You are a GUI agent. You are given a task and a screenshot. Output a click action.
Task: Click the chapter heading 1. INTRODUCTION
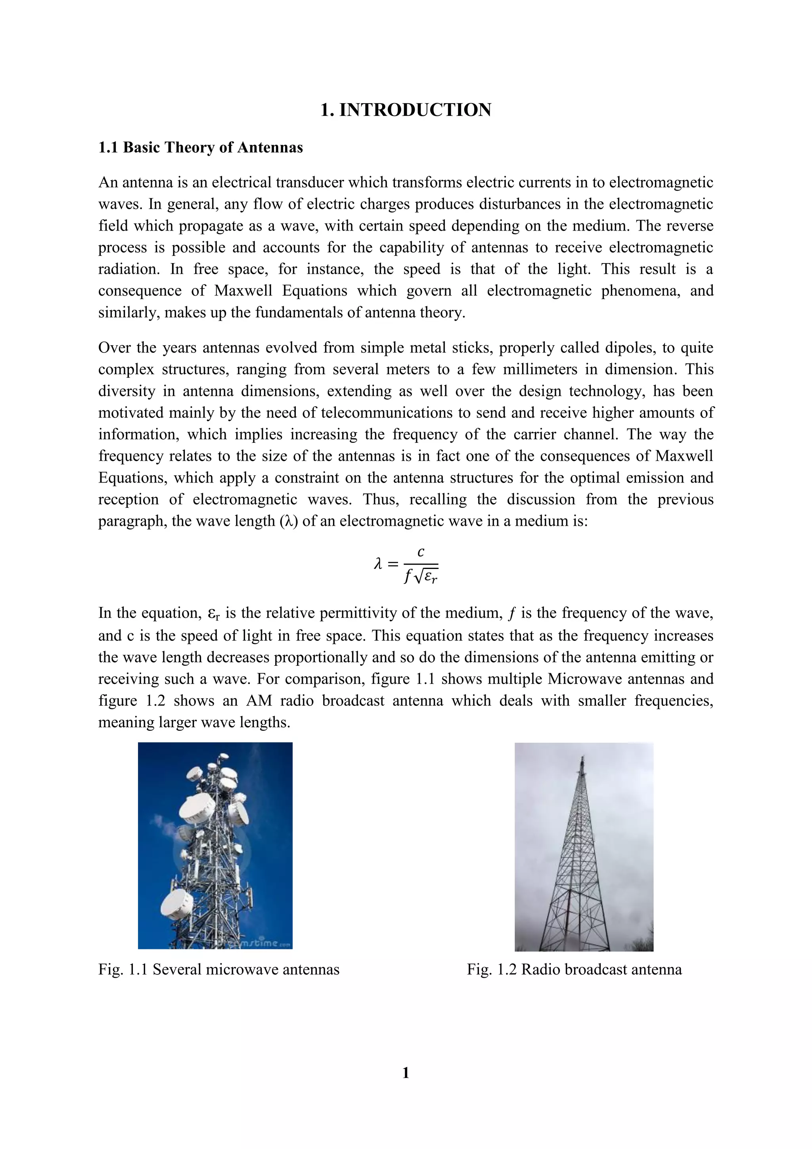click(x=406, y=110)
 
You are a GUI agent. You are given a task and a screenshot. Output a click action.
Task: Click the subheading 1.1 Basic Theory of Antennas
click(x=201, y=148)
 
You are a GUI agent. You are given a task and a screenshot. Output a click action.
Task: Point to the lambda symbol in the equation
click(x=379, y=565)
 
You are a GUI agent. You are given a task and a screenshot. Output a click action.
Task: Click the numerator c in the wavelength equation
click(x=421, y=552)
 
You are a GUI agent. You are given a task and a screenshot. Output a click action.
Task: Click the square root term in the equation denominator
click(x=426, y=577)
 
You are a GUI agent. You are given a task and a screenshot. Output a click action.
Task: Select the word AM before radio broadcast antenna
click(x=259, y=700)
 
